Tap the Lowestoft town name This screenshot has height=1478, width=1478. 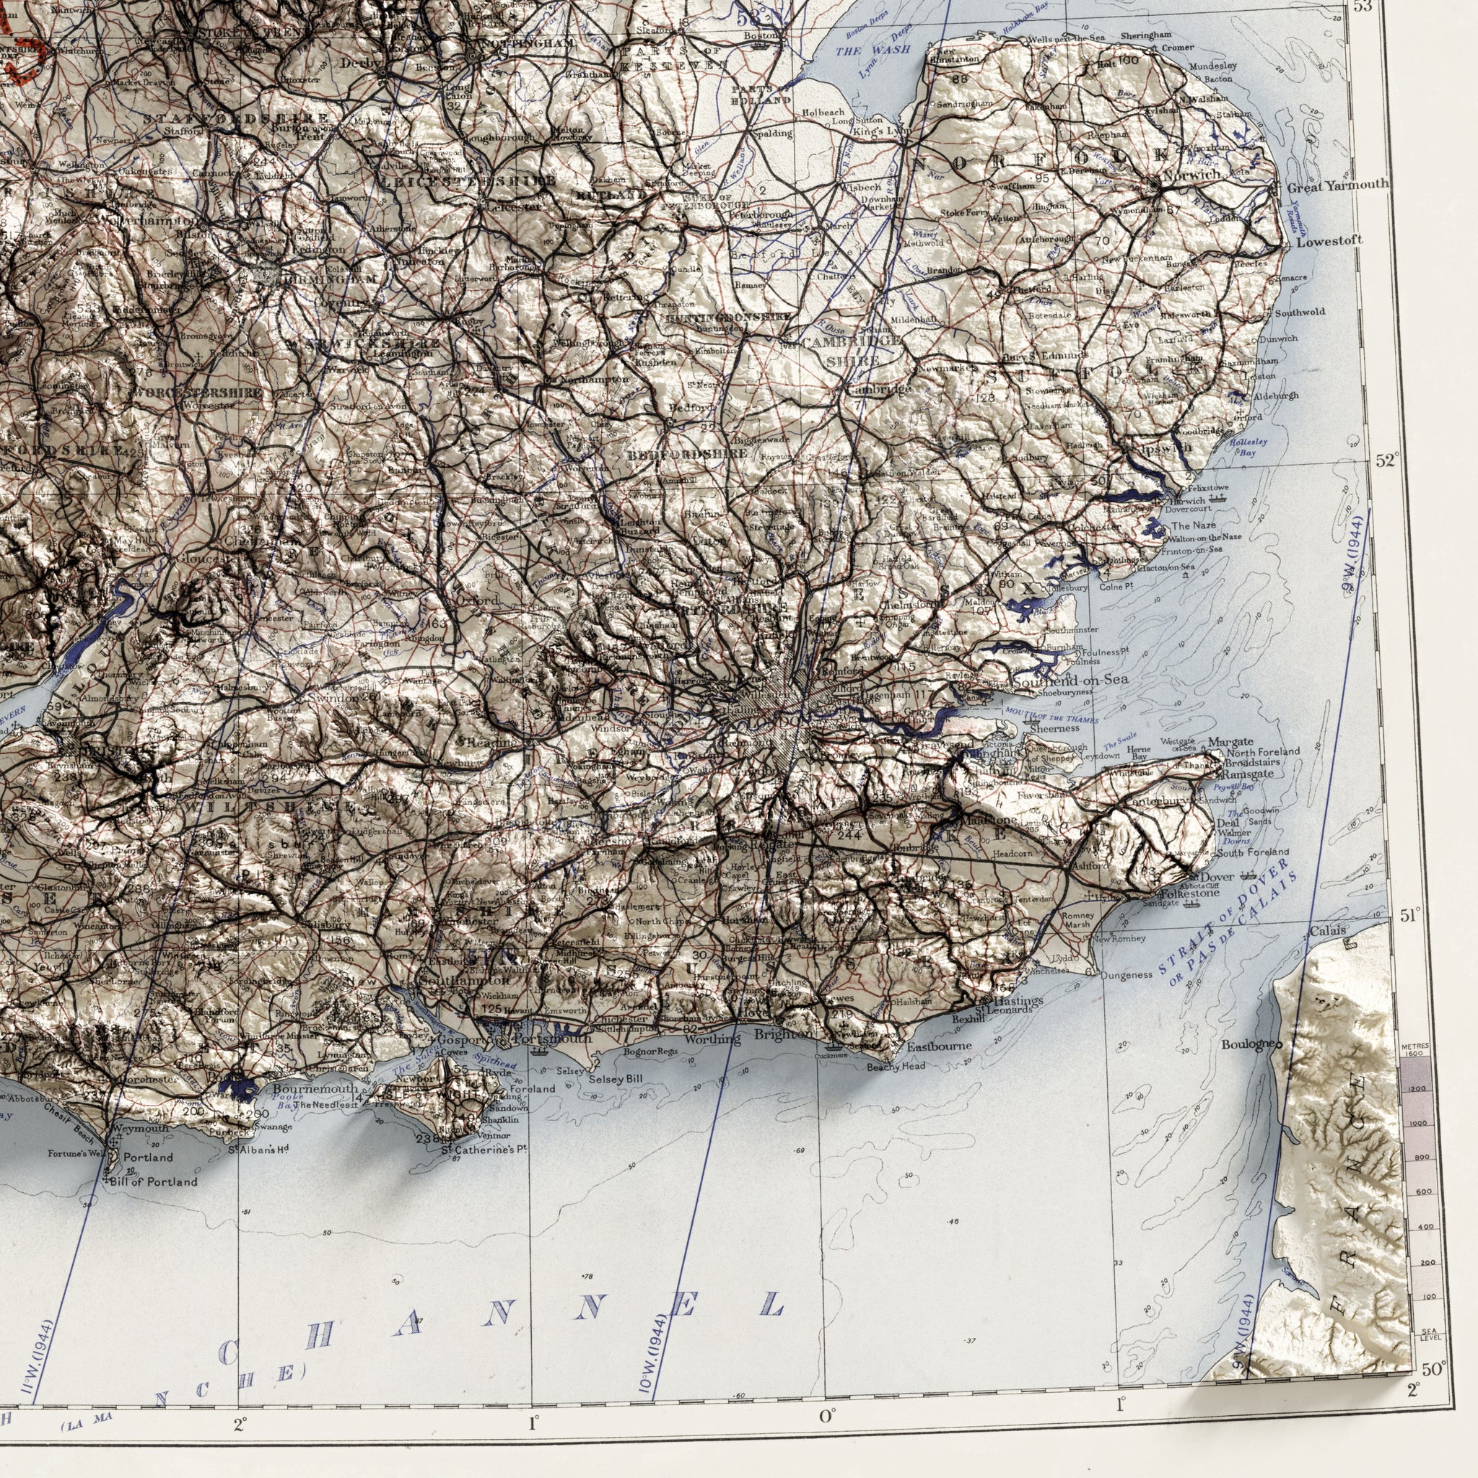tap(1329, 241)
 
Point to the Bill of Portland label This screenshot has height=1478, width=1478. tap(153, 1182)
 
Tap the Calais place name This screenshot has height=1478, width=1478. tap(1327, 932)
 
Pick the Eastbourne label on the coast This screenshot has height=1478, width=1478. tap(940, 1046)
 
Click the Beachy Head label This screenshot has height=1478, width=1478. tap(896, 1067)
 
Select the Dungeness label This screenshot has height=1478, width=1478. tap(1126, 976)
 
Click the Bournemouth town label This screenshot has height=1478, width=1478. tap(315, 1088)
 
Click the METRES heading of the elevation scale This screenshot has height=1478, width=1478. tap(1425, 1046)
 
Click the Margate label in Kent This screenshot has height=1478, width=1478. tap(1230, 741)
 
